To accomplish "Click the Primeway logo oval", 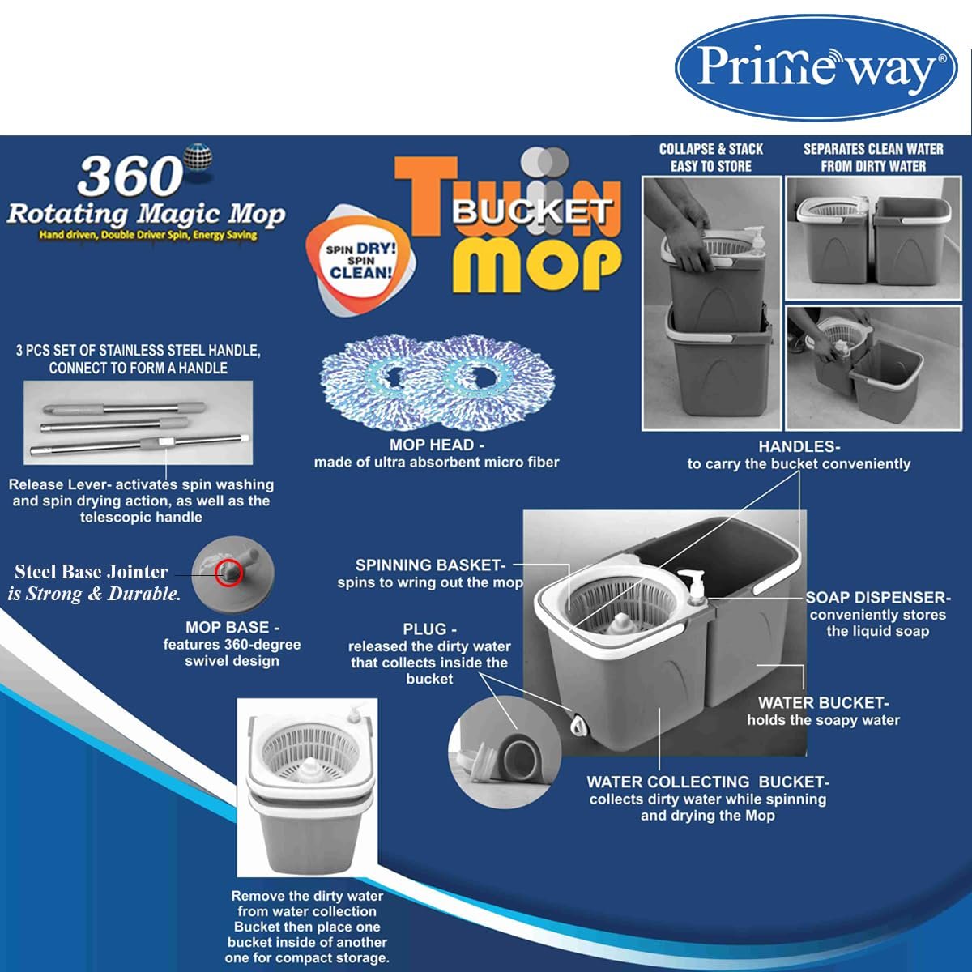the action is [x=816, y=67].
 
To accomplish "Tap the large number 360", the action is [x=130, y=177].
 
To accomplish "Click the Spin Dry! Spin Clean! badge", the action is [x=360, y=260].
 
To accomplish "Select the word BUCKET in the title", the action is [x=531, y=211].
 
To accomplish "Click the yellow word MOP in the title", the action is [x=536, y=264].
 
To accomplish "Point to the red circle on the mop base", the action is [x=228, y=573].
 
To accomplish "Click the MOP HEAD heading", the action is [x=437, y=445].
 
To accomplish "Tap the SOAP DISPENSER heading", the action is [x=878, y=597].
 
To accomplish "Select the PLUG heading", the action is [x=430, y=629].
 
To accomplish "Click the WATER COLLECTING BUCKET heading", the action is [x=708, y=782].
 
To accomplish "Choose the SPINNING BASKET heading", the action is [x=430, y=565].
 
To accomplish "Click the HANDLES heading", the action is [x=799, y=446].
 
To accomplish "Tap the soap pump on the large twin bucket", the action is [x=692, y=587].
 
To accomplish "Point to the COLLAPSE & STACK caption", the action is [x=710, y=157].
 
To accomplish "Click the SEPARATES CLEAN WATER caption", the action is [x=873, y=157].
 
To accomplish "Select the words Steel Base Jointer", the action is [x=92, y=572].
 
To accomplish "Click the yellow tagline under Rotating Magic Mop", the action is [x=148, y=235].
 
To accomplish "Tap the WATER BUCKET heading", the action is [x=823, y=702].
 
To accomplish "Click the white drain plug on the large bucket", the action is [x=578, y=723].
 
